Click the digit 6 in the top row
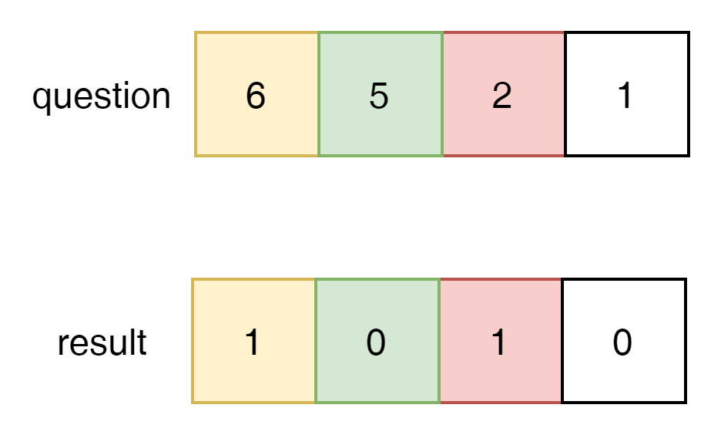(255, 96)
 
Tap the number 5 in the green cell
(378, 96)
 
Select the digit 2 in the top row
(501, 96)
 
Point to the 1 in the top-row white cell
(625, 96)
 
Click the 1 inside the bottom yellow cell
(252, 343)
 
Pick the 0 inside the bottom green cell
(375, 343)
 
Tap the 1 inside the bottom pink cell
(498, 343)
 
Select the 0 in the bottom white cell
(622, 343)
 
